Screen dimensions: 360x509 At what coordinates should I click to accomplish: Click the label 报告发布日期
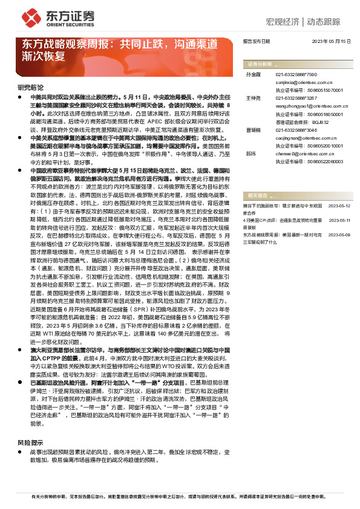[x=256, y=42]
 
